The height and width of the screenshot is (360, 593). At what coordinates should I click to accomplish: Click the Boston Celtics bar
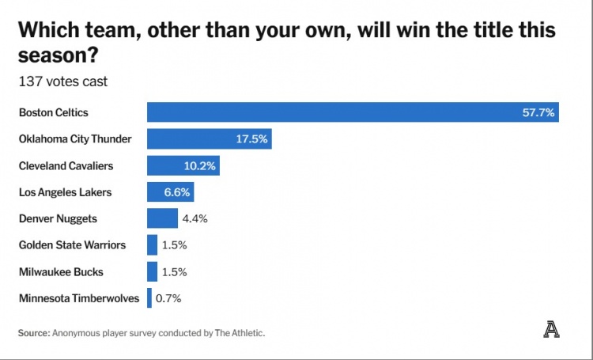pyautogui.click(x=332, y=112)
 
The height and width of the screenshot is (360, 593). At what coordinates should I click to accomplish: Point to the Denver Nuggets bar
pyautogui.click(x=162, y=218)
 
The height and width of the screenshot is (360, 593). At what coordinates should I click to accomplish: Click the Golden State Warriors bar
pyautogui.click(x=152, y=245)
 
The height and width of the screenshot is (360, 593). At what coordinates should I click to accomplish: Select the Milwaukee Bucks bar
pyautogui.click(x=152, y=271)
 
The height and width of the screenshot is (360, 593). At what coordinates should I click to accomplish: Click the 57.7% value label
pyautogui.click(x=538, y=113)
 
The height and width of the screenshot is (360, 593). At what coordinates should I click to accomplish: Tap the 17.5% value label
pyautogui.click(x=252, y=139)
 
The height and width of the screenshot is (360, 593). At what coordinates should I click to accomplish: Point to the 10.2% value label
pyautogui.click(x=199, y=166)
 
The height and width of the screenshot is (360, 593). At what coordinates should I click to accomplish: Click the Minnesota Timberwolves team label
pyautogui.click(x=79, y=298)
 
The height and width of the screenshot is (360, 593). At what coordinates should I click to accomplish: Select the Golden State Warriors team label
pyautogui.click(x=72, y=245)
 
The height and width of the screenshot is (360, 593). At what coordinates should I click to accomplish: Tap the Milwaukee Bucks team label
pyautogui.click(x=61, y=271)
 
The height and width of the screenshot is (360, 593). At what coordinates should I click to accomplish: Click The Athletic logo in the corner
pyautogui.click(x=551, y=331)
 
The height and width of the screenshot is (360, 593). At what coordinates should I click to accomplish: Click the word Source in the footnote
pyautogui.click(x=34, y=333)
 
